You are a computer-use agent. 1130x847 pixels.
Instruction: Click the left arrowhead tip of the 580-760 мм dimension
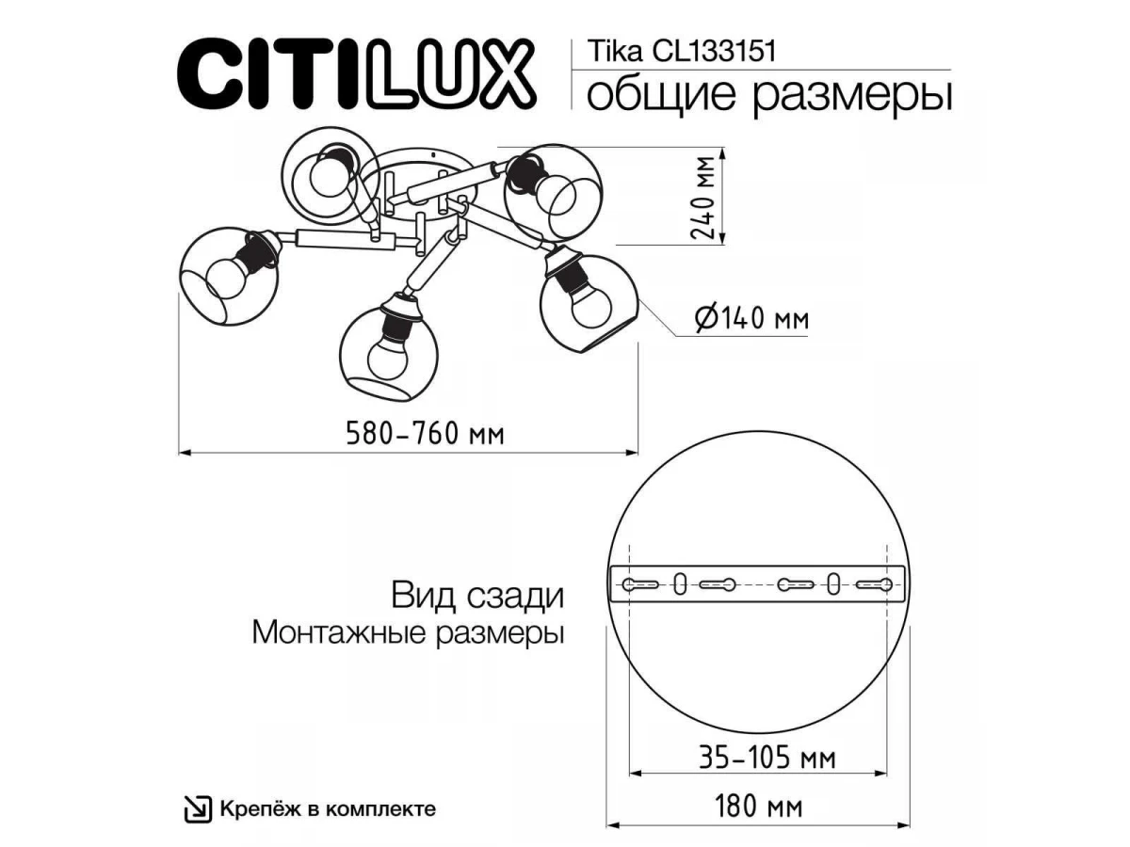(x=178, y=453)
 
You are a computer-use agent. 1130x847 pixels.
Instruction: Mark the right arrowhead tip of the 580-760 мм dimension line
(x=638, y=453)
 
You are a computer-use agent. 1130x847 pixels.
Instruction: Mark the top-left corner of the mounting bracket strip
(x=610, y=567)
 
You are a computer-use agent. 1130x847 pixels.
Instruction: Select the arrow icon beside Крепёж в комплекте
(x=198, y=809)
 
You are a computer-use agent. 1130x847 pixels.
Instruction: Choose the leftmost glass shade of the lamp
(x=229, y=276)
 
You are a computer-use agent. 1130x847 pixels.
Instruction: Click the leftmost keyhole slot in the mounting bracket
(x=640, y=584)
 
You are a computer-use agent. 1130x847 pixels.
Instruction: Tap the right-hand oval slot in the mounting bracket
(x=834, y=584)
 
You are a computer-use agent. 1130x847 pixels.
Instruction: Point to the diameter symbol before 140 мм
(x=706, y=319)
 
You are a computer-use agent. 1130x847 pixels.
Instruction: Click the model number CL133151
(x=714, y=52)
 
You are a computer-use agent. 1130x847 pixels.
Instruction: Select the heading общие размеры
(x=769, y=96)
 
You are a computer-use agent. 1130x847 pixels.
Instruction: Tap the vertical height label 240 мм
(x=703, y=198)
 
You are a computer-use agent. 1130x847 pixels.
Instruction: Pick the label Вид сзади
(x=477, y=597)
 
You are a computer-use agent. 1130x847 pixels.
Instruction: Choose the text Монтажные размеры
(x=409, y=633)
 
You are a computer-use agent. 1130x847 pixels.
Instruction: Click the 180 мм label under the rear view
(x=758, y=807)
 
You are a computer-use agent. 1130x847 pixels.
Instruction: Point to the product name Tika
(x=615, y=52)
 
